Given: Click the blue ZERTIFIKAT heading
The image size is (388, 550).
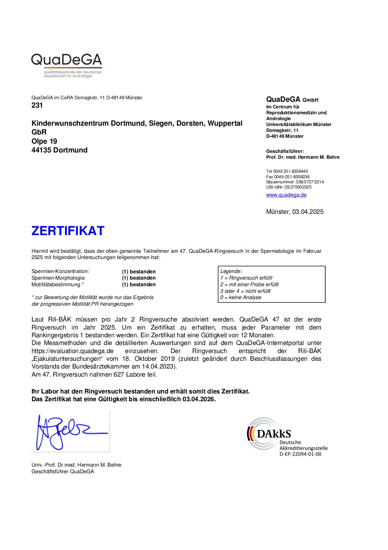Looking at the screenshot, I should [68, 231].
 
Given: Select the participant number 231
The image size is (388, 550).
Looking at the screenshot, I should [37, 105].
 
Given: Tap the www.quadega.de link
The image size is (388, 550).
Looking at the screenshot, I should [286, 195].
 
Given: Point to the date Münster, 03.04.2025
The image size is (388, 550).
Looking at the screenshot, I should [294, 212].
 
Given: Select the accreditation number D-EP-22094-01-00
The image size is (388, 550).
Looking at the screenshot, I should [300, 454].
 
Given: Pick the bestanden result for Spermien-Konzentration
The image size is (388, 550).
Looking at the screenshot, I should [139, 272].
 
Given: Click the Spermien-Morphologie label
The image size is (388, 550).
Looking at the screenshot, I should [58, 278].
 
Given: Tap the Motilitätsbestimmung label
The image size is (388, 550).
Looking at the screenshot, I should [58, 285].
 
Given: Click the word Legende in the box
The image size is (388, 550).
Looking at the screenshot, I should [231, 271].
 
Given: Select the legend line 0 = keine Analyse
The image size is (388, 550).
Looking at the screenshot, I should [241, 298].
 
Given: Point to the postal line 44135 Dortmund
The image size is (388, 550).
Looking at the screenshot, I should [59, 150].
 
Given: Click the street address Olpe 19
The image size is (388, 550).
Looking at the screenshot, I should [44, 141].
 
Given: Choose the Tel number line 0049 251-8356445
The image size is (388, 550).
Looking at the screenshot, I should [287, 171].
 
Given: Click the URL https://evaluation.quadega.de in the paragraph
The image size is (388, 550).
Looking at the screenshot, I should [72, 351].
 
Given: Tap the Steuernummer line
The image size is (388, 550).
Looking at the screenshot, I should [295, 182].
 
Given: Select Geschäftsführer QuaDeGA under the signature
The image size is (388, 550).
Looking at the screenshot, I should [63, 471].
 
